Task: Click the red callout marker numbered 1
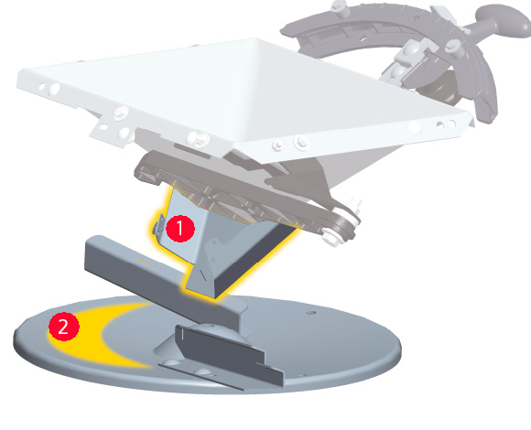(x=180, y=229)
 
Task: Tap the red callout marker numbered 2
(x=64, y=327)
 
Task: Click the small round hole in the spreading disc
(x=311, y=313)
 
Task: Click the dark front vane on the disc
(x=231, y=353)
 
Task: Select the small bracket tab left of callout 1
(x=158, y=225)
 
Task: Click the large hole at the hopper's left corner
(x=54, y=90)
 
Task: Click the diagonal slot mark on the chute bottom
(x=202, y=275)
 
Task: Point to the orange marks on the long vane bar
(x=145, y=261)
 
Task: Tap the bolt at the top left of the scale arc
(x=340, y=7)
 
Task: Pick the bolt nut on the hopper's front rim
(x=300, y=142)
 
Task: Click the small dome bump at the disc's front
(x=202, y=371)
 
